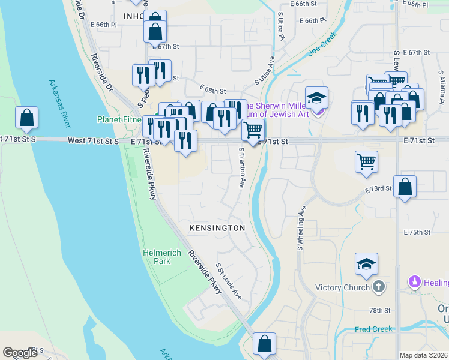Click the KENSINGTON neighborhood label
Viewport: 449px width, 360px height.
pos(217,228)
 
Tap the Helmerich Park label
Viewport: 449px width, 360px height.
pos(162,257)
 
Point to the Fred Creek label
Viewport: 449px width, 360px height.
pos(373,329)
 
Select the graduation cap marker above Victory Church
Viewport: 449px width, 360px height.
pos(366,265)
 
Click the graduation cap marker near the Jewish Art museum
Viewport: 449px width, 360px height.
pos(316,97)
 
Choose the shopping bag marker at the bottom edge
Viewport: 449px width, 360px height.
pos(264,344)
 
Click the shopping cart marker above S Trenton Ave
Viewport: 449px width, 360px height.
pos(253,129)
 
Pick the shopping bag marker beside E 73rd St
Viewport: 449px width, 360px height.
pos(405,186)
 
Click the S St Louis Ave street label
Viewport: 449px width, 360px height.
pos(229,281)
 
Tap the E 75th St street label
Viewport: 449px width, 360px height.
pos(417,232)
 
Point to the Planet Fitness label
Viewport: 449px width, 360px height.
pos(120,119)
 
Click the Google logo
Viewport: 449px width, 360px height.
pos(20,353)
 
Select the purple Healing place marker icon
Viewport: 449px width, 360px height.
pos(414,281)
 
